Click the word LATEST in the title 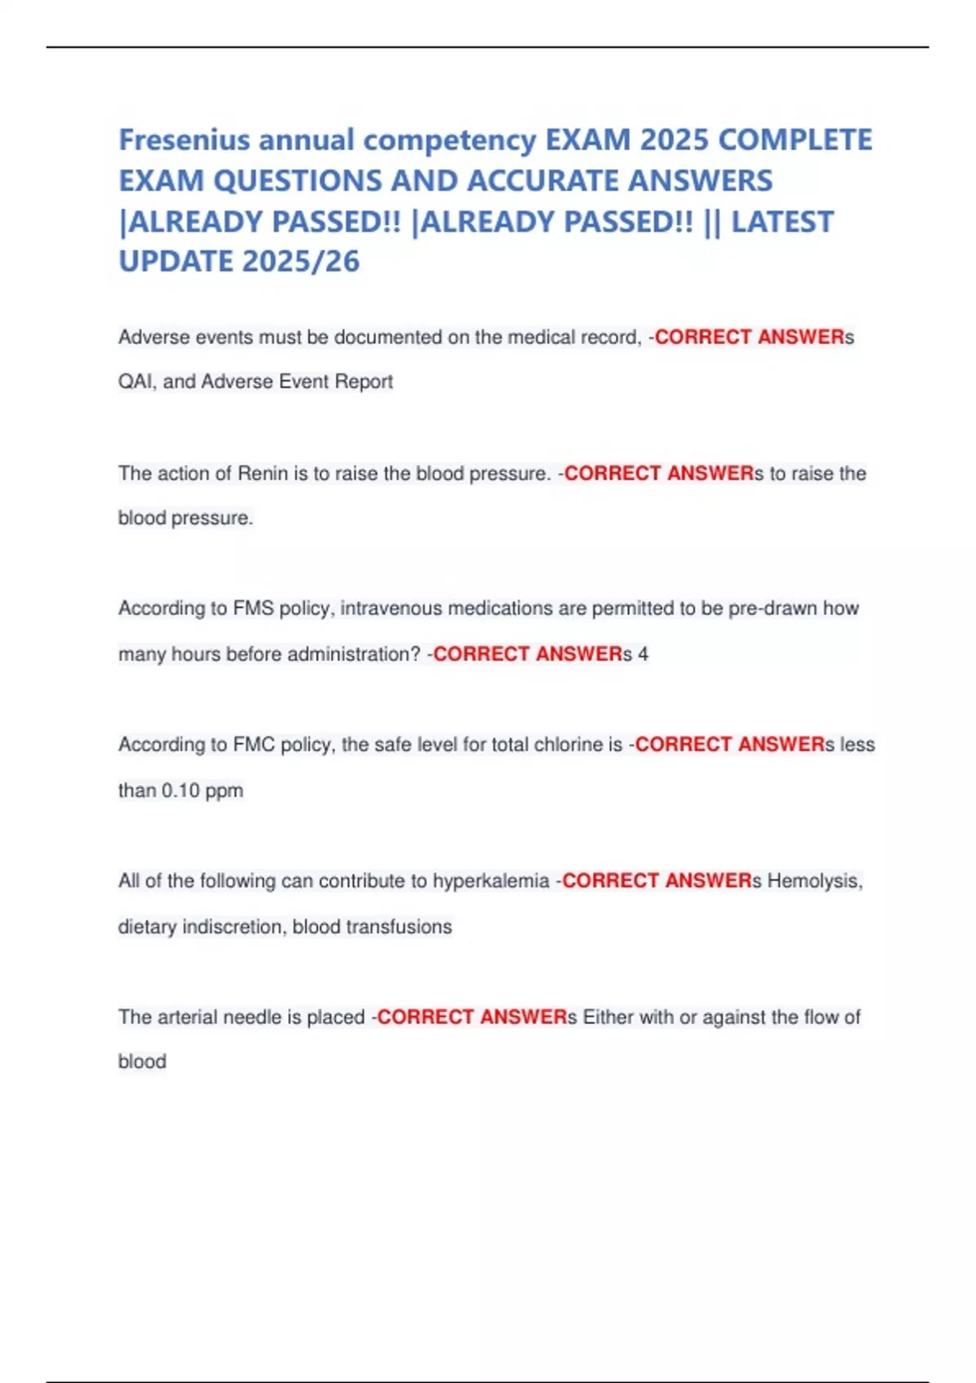click(782, 221)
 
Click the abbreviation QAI click(135, 382)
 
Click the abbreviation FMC click(254, 744)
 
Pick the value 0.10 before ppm click(180, 791)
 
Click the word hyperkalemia click(490, 881)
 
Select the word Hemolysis click(814, 881)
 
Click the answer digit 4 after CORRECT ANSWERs click(643, 654)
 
